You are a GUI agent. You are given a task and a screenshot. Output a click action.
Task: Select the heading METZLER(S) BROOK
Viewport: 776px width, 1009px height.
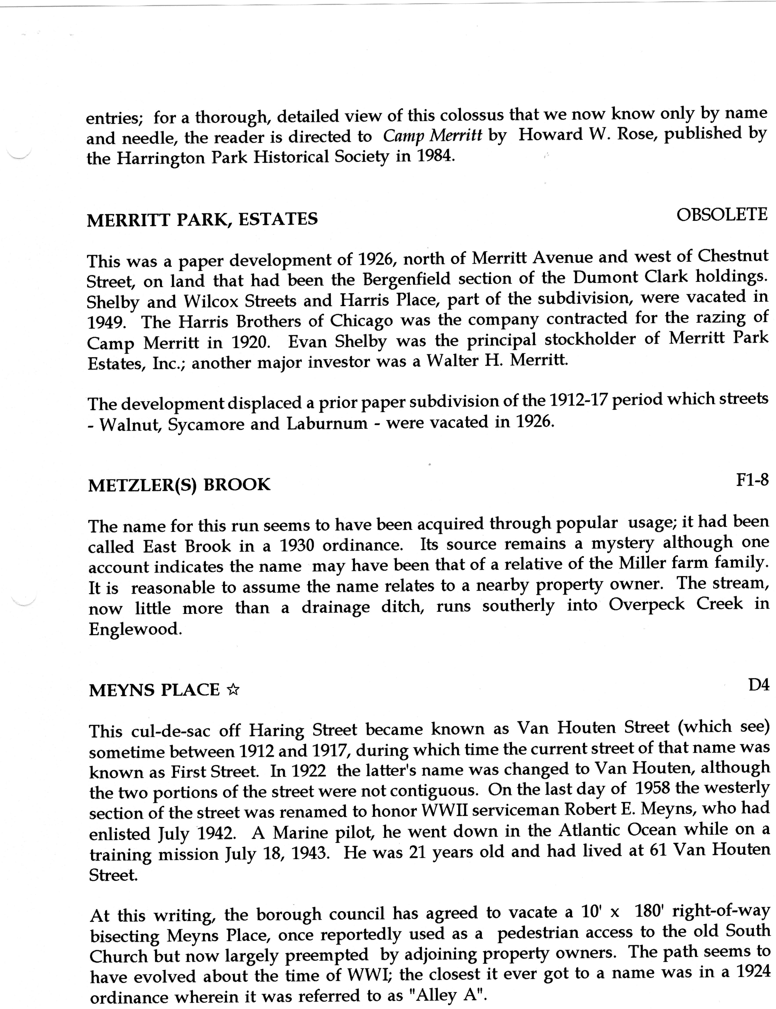[x=179, y=485]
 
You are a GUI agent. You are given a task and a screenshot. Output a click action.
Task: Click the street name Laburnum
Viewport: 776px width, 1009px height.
[x=327, y=424]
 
